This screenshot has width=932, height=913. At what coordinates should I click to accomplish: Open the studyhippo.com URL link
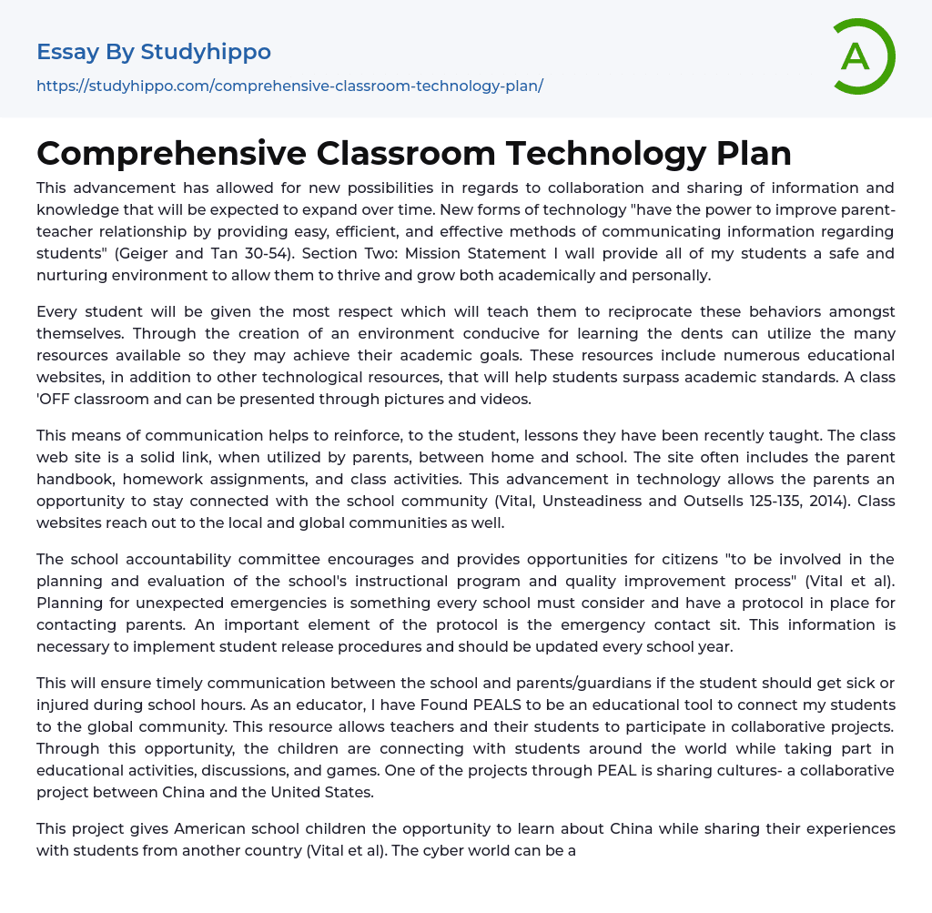289,86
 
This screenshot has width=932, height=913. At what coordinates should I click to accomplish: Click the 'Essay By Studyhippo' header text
154,52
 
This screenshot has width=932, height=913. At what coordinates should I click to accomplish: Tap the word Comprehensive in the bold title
172,153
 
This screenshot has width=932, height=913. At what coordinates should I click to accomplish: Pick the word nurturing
71,275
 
